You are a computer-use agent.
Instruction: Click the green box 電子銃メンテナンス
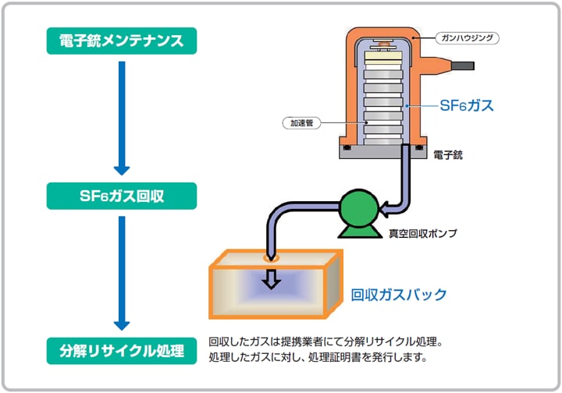(121, 41)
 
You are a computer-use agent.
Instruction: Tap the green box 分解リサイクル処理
(121, 349)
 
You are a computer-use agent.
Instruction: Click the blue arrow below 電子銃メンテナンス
(121, 117)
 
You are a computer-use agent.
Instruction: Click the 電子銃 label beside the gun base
(448, 155)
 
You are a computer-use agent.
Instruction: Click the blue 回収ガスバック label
(398, 295)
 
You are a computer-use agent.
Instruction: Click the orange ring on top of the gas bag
(271, 258)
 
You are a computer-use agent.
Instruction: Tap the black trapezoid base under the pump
(357, 231)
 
